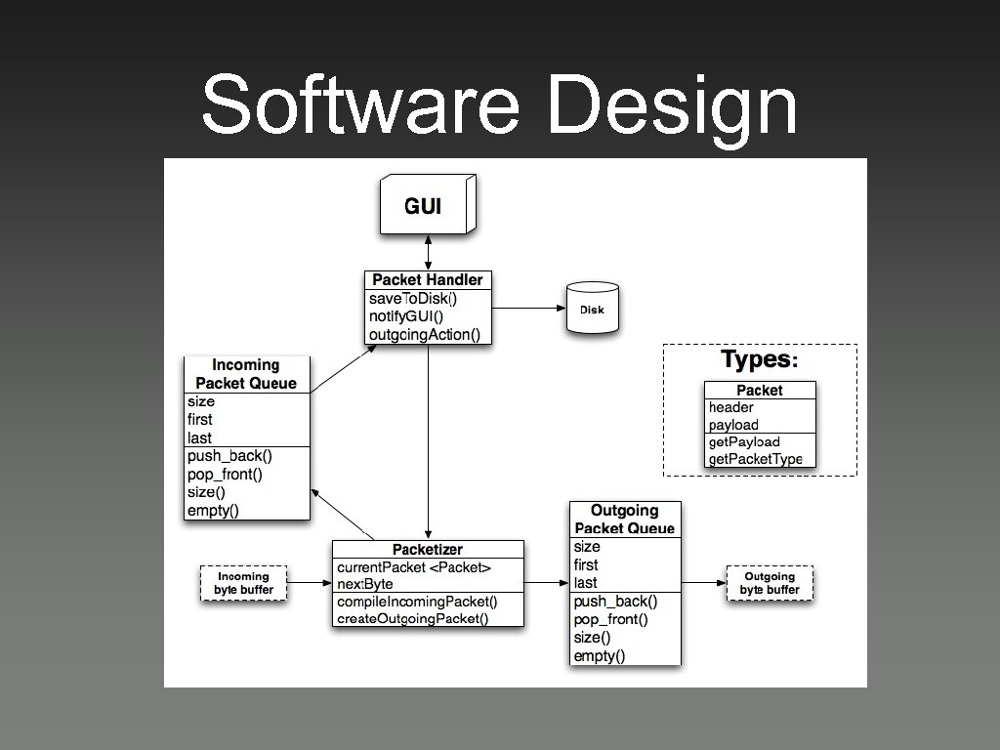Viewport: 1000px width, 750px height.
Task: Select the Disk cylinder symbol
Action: point(593,310)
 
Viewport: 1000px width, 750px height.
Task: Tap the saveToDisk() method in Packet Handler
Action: point(413,298)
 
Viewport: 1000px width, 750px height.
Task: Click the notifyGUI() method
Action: point(406,316)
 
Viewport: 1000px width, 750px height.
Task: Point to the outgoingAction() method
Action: point(425,335)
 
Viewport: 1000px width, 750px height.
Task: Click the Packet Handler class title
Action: point(428,280)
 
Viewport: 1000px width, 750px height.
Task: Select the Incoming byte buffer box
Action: point(244,583)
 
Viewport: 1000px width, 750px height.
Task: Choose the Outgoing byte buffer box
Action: point(770,583)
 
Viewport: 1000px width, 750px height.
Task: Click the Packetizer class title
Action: point(428,550)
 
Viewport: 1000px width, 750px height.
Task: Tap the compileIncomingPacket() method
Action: point(418,601)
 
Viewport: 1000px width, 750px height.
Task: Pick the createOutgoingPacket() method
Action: point(413,618)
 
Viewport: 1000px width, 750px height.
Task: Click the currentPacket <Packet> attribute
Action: point(414,567)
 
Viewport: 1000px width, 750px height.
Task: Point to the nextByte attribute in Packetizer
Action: point(365,584)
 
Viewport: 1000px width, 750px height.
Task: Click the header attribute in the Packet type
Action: point(731,407)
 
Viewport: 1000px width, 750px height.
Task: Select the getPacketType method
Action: point(756,459)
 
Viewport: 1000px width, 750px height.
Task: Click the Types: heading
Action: point(760,359)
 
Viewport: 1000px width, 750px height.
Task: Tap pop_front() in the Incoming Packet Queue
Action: point(226,475)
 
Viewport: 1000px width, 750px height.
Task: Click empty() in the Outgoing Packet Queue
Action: point(600,655)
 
